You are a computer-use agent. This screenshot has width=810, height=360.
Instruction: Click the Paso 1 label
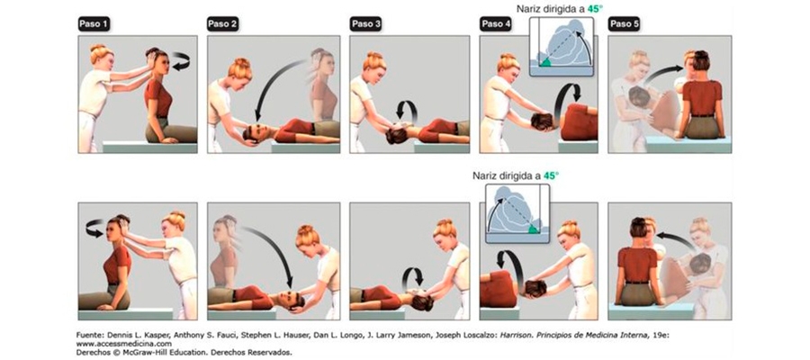94,23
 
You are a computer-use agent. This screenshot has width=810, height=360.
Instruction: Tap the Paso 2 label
222,23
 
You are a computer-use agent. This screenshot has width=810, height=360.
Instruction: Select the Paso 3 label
365,23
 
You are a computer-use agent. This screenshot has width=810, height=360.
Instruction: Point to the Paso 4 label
495,23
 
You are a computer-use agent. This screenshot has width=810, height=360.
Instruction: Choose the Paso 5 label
624,23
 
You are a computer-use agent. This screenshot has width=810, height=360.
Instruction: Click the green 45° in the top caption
595,9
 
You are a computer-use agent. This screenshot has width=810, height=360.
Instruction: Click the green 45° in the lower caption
552,175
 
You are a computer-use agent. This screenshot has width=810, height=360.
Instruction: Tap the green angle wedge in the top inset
545,62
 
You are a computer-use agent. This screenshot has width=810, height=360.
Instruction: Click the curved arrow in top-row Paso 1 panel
181,60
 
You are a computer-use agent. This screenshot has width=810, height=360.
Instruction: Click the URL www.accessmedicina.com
123,344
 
